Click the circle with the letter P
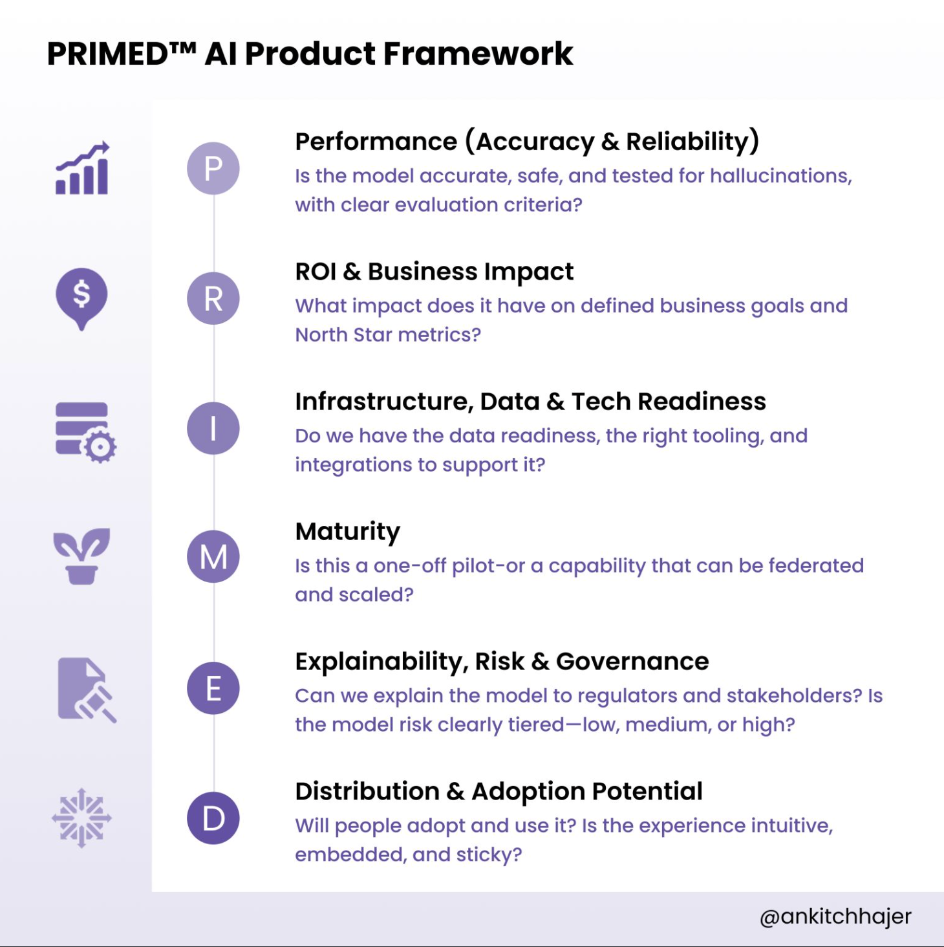point(213,168)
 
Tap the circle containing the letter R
point(213,298)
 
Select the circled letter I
point(213,428)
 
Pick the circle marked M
point(213,556)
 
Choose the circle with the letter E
point(213,688)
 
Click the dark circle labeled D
point(213,818)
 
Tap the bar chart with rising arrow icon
point(82,169)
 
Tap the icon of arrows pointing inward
point(81,818)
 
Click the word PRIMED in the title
point(107,54)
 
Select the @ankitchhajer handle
point(835,916)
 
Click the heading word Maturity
point(347,532)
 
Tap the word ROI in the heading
point(316,272)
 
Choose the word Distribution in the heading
point(367,792)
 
